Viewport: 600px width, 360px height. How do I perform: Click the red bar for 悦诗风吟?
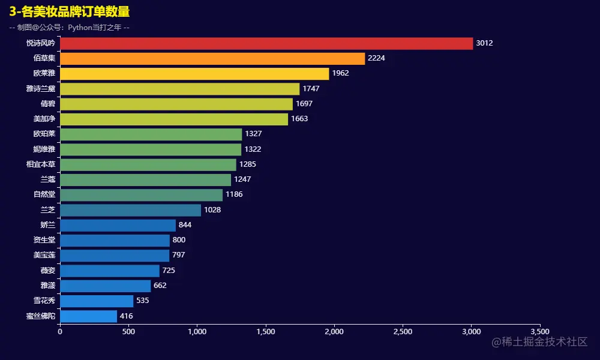tap(266, 43)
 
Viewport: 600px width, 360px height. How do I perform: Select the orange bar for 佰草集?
tap(212, 58)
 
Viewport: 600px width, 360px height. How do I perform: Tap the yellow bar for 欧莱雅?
tap(194, 74)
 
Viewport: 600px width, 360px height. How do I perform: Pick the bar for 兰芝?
tap(130, 210)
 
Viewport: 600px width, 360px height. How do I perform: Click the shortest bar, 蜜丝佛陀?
tap(88, 316)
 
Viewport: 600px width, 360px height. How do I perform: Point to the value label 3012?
tap(484, 43)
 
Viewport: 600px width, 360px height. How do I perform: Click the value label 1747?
tap(311, 89)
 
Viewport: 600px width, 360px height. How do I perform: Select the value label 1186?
tap(234, 194)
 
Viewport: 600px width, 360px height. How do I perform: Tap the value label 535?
tap(145, 301)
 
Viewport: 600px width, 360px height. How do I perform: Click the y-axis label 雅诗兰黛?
tap(41, 89)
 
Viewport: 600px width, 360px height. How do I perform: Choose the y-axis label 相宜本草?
tap(41, 164)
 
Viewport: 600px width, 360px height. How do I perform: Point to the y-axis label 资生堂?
tap(44, 240)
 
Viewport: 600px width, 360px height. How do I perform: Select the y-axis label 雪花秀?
tap(44, 301)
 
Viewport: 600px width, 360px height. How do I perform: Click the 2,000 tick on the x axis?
tap(334, 331)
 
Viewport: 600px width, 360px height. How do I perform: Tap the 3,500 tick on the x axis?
tap(540, 331)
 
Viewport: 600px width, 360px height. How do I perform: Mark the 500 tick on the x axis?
tap(128, 331)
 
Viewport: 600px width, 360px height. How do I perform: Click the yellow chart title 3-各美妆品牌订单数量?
tap(70, 12)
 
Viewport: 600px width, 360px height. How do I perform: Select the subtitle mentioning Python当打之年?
tap(70, 28)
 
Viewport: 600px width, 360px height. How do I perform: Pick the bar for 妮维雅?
tap(151, 149)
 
